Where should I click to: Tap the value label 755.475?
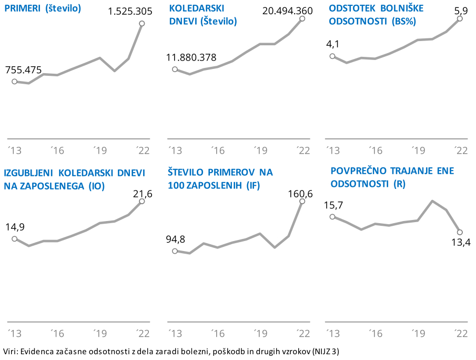(23, 70)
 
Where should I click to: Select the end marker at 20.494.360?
(302, 18)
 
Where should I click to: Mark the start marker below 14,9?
(15, 238)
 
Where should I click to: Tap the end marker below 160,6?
(302, 201)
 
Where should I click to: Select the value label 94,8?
(175, 239)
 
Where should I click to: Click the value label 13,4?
(461, 242)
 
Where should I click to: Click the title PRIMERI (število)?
(43, 9)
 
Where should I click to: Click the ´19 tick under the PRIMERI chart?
(100, 151)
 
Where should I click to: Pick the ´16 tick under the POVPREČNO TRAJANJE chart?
(374, 333)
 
